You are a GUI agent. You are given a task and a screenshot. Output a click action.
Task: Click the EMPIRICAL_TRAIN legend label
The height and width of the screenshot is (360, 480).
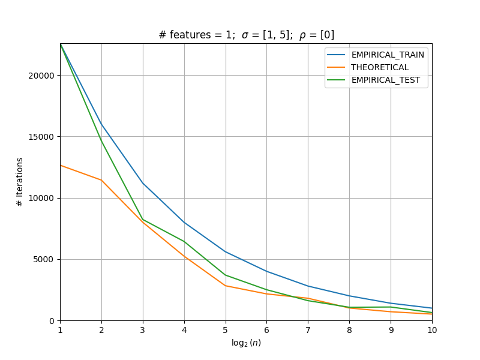(388, 55)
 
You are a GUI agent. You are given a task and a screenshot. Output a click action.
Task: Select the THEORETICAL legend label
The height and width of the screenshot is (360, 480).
(380, 67)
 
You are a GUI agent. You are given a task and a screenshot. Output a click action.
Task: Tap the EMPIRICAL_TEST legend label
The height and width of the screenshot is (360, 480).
(385, 80)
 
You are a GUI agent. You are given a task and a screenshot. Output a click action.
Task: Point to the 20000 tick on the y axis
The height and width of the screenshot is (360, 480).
(41, 76)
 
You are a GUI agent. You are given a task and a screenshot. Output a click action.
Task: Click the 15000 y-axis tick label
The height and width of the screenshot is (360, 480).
(41, 137)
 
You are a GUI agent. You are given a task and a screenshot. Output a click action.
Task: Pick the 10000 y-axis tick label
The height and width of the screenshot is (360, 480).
(41, 198)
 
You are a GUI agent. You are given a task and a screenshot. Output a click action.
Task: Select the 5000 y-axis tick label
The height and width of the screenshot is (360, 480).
(43, 260)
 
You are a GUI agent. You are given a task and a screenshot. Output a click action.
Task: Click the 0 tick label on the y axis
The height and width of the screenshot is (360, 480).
(52, 321)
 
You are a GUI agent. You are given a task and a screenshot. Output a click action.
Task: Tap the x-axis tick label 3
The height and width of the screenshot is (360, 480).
(143, 330)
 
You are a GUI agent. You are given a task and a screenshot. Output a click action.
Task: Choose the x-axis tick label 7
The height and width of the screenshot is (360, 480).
(308, 330)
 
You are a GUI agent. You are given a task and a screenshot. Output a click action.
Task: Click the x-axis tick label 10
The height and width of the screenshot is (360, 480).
(432, 330)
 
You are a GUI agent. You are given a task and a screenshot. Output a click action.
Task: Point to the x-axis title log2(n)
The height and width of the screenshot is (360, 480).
(246, 343)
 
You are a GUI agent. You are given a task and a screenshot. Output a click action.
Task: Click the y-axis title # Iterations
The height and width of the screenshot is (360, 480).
(20, 182)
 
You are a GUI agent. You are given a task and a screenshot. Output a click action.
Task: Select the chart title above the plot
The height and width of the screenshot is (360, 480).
(246, 35)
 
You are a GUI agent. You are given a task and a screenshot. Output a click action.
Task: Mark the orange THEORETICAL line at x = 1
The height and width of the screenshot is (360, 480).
(61, 166)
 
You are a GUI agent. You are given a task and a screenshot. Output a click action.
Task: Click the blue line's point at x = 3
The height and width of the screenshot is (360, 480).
(143, 183)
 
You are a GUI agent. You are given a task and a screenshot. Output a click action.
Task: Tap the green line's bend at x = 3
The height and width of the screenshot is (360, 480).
(143, 220)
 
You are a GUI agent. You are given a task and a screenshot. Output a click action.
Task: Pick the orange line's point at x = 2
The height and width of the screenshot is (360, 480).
(101, 180)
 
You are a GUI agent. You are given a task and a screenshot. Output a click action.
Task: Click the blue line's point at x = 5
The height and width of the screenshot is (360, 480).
(226, 251)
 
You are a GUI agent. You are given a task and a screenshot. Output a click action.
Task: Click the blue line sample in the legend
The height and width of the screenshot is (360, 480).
(336, 55)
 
